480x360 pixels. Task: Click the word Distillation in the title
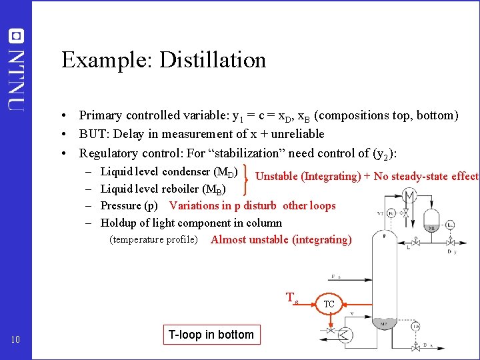click(213, 60)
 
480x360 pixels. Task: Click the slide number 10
click(17, 341)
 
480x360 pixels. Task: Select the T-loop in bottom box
click(211, 335)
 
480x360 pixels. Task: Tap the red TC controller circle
click(329, 305)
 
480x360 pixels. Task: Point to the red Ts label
click(291, 298)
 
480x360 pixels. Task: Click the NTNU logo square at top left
click(17, 36)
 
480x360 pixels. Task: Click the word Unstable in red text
click(277, 177)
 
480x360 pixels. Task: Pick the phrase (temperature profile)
click(153, 239)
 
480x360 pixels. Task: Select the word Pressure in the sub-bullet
click(121, 206)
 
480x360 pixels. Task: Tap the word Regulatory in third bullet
click(109, 153)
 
